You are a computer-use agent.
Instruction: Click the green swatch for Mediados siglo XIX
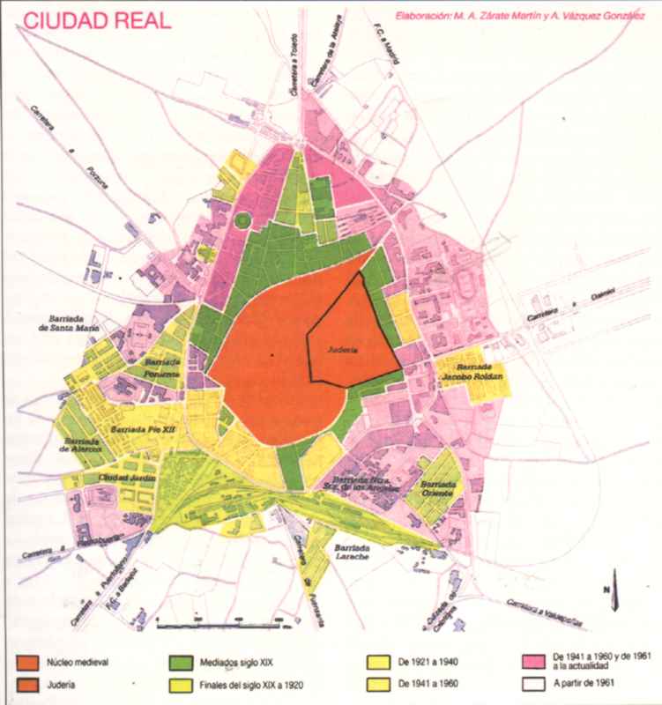coord(181,659)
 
